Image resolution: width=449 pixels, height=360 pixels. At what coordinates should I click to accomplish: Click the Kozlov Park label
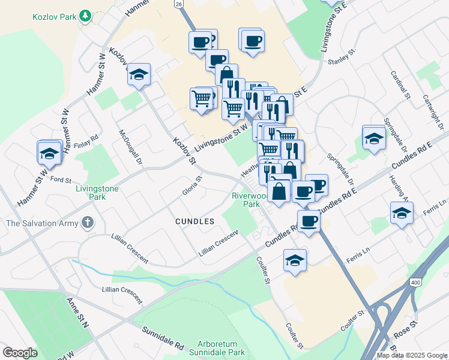55,17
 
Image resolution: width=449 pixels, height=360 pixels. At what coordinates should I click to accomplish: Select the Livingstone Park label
98,192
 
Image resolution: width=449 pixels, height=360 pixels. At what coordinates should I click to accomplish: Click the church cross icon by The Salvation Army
88,223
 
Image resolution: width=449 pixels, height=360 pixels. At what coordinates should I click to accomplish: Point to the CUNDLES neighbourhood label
194,221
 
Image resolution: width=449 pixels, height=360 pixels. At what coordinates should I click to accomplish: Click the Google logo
20,353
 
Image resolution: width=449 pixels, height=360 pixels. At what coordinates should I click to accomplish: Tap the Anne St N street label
77,313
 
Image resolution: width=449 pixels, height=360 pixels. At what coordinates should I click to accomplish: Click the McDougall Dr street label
131,147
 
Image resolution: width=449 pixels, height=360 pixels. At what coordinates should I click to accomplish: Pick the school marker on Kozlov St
139,74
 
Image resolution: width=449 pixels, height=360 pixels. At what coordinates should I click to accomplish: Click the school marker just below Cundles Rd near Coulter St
294,260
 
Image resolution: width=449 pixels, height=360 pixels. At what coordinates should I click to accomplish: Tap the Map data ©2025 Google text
412,355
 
